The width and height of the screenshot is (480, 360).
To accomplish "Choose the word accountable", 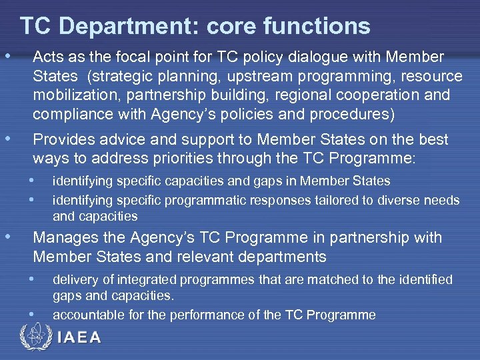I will click(x=84, y=315).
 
